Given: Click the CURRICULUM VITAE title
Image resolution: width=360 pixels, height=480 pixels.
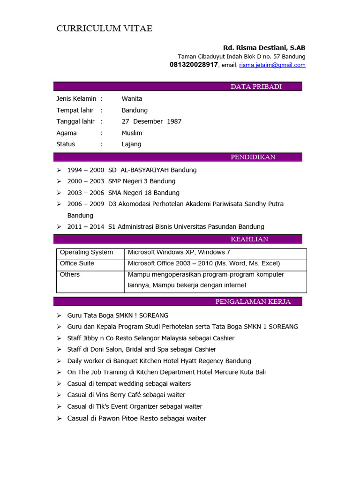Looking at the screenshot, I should coord(104,29).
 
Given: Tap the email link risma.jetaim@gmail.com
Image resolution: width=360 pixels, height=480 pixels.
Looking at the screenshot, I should coord(272,65).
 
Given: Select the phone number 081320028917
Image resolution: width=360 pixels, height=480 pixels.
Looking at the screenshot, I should coord(194,65).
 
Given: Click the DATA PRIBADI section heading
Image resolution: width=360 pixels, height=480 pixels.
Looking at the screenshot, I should coord(256,87).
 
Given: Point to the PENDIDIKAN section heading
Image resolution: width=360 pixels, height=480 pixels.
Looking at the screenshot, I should coord(253,157).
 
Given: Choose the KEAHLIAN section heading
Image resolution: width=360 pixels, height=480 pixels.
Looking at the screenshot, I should coord(249,239).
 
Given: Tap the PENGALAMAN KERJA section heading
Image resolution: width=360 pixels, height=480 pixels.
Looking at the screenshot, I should coord(253,301).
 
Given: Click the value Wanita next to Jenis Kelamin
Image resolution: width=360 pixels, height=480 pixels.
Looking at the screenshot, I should coord(132,99).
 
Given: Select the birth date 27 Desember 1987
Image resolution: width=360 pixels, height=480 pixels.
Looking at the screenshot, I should coord(151,121).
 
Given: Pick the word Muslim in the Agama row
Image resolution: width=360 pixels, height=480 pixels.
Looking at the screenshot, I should coord(132,133).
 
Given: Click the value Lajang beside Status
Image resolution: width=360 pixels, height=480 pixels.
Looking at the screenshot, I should coord(131,144).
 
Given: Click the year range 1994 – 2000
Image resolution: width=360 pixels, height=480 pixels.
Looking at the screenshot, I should coord(86,170).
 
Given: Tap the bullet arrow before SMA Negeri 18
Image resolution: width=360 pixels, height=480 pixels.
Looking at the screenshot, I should coord(59,193).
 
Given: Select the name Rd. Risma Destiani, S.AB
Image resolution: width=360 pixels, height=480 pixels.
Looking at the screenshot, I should coord(264,48).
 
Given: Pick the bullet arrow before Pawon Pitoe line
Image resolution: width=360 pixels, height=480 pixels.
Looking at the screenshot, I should coord(59,418).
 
